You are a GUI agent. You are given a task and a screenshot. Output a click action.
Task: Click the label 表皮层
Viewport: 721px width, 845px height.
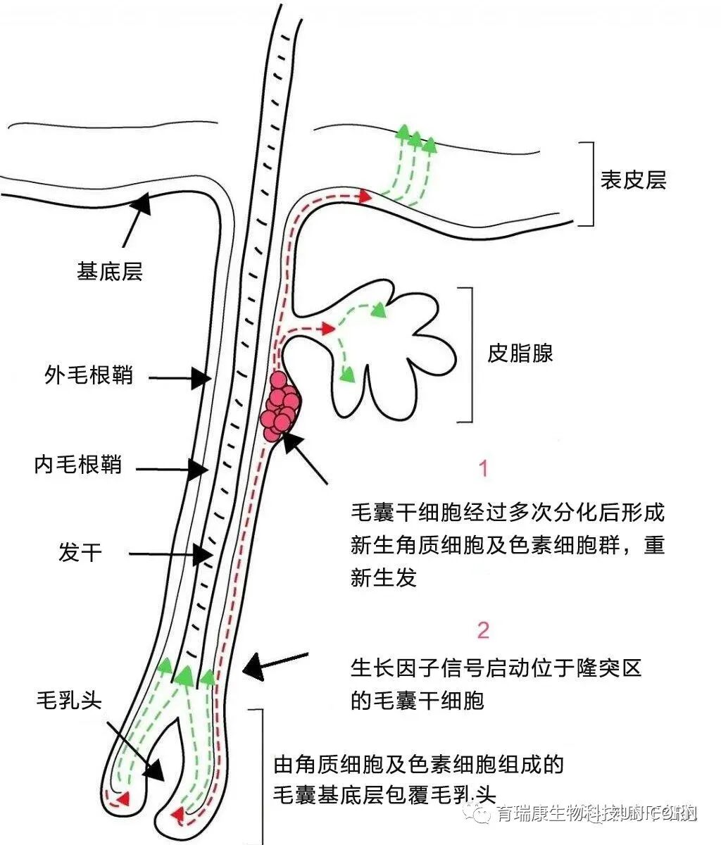pos(633,181)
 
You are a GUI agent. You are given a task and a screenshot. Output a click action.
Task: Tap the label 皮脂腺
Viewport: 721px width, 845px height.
pos(520,353)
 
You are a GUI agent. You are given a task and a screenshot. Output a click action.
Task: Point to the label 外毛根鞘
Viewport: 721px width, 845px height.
pos(89,375)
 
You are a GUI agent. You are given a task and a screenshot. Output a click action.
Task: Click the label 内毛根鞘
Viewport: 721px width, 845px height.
pos(78,465)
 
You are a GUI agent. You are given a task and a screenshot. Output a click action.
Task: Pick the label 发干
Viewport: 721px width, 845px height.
pos(81,552)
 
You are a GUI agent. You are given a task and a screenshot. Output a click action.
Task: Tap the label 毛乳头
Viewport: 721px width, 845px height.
pos(69,699)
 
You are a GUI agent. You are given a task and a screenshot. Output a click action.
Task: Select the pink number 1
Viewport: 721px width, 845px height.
pos(483,468)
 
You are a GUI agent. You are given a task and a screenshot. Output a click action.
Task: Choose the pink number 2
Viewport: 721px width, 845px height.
pos(483,630)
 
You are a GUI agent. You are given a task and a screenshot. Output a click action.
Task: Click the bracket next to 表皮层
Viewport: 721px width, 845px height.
pos(587,183)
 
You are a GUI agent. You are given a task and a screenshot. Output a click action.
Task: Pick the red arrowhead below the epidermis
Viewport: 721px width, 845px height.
pos(364,196)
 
